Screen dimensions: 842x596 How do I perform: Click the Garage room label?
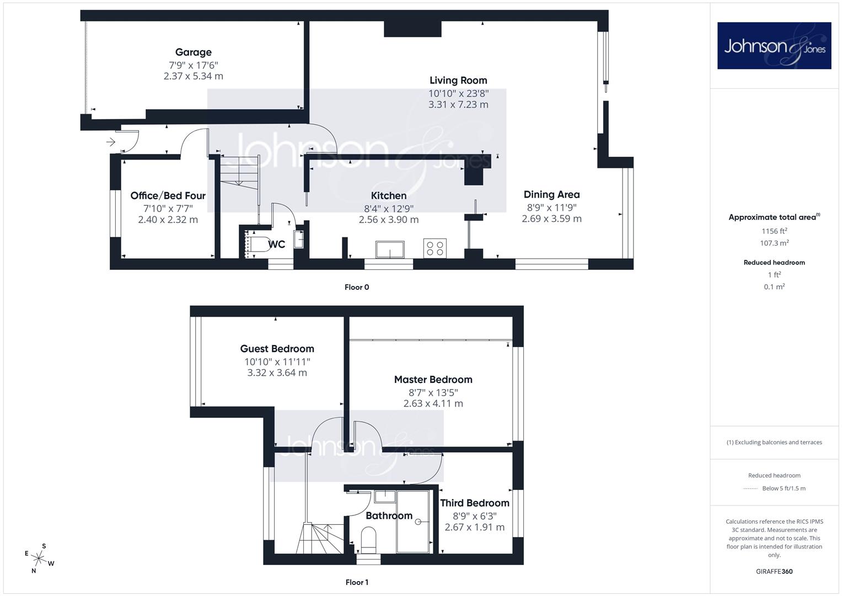tap(193, 52)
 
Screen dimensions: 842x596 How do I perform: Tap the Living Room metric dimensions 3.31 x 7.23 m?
tap(458, 105)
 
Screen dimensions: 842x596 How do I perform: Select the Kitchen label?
tap(389, 196)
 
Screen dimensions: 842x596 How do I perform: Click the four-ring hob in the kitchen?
tap(435, 248)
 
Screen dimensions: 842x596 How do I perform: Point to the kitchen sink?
tap(390, 249)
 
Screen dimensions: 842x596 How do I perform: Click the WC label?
tap(277, 244)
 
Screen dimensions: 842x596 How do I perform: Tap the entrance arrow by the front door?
tap(110, 142)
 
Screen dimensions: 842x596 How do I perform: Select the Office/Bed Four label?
tap(168, 196)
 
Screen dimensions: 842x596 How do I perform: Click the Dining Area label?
tap(551, 194)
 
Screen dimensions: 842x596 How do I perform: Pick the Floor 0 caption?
tap(357, 287)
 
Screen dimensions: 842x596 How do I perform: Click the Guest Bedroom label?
tap(277, 349)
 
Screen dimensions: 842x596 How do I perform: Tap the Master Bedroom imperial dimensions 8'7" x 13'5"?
tap(433, 393)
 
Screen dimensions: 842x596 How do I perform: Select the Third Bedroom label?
tap(474, 503)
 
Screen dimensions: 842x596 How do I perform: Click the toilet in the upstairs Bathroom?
tap(368, 540)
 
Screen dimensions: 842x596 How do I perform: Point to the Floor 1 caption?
tap(357, 582)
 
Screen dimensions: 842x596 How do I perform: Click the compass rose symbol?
tap(39, 558)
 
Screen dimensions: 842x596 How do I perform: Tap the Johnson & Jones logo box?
tap(774, 45)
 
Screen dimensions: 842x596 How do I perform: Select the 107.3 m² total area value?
tap(774, 243)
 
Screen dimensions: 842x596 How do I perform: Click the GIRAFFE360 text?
tap(774, 572)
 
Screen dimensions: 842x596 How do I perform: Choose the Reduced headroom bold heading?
tap(774, 263)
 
